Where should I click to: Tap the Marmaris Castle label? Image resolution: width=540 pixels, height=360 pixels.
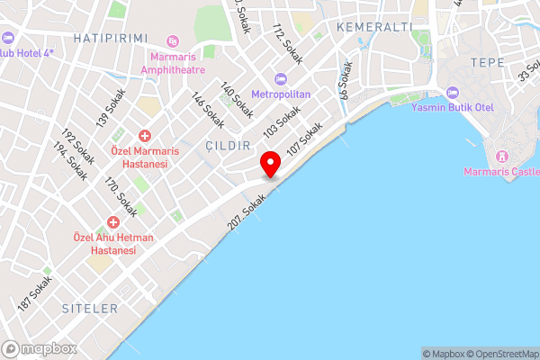click(x=501, y=172)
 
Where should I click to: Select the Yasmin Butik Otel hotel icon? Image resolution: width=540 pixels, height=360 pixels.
click(x=452, y=94)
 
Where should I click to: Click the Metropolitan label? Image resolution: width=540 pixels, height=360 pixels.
click(x=281, y=94)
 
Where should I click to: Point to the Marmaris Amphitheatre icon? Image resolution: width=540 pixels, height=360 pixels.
click(x=173, y=40)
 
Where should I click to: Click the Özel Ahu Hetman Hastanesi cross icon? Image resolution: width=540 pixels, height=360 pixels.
click(x=113, y=221)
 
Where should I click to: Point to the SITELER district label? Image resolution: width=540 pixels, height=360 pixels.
click(x=90, y=308)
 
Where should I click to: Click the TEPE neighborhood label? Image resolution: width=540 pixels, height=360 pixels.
click(x=486, y=63)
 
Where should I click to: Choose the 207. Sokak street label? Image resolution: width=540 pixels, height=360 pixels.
click(x=247, y=209)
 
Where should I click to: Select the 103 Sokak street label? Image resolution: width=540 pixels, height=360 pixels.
click(x=282, y=121)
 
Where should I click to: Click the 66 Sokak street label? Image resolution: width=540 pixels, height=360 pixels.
click(x=344, y=79)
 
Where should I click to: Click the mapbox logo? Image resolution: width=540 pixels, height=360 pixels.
click(x=39, y=348)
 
